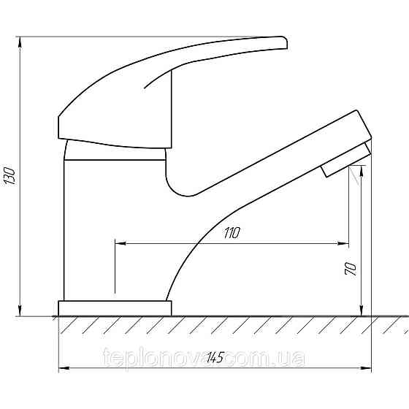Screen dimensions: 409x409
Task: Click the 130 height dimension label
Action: pyautogui.click(x=10, y=176)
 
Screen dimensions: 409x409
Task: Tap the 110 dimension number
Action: pyautogui.click(x=232, y=233)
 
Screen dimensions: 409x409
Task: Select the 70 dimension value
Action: pyautogui.click(x=351, y=269)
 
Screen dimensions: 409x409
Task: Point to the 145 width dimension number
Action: pyautogui.click(x=215, y=357)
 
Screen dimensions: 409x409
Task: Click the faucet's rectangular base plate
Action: pyautogui.click(x=115, y=308)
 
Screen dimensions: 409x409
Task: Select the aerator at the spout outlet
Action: pyautogui.click(x=346, y=160)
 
